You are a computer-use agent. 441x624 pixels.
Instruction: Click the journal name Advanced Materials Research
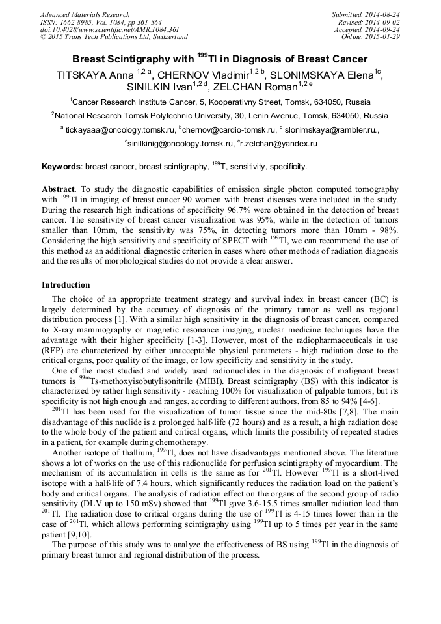pos(85,14)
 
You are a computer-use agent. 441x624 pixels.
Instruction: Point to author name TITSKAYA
pos(81,75)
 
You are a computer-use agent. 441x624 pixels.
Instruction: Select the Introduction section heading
pos(66,285)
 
